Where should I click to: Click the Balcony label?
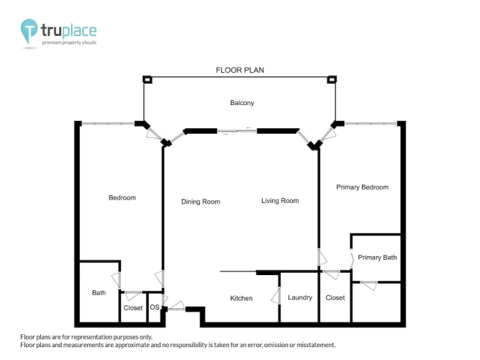pyautogui.click(x=242, y=103)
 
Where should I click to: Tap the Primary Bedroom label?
pyautogui.click(x=362, y=187)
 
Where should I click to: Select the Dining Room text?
pyautogui.click(x=201, y=202)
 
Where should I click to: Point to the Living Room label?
pyautogui.click(x=280, y=201)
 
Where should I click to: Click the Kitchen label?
pyautogui.click(x=241, y=298)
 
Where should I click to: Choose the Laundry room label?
pyautogui.click(x=299, y=297)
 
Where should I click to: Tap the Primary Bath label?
pyautogui.click(x=377, y=258)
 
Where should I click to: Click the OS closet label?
pyautogui.click(x=155, y=307)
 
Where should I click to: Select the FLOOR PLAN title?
pyautogui.click(x=240, y=70)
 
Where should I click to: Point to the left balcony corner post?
pyautogui.click(x=148, y=80)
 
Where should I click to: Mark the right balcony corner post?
pyautogui.click(x=332, y=80)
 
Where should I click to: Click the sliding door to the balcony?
pyautogui.click(x=237, y=132)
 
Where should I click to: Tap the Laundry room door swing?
pyautogui.click(x=276, y=296)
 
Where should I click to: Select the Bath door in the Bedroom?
pyautogui.click(x=117, y=280)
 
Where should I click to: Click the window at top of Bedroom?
pyautogui.click(x=108, y=123)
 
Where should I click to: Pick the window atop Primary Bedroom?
pyautogui.click(x=371, y=123)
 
